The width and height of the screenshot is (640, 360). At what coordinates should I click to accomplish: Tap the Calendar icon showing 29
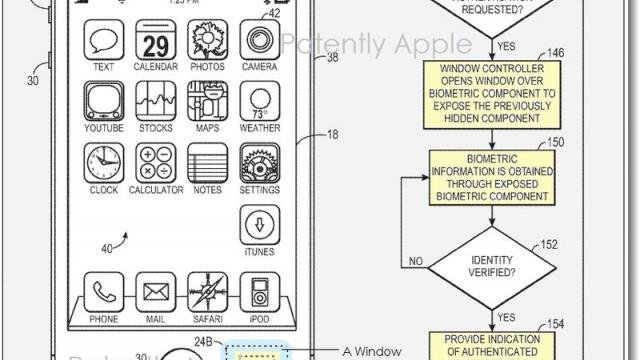pos(154,43)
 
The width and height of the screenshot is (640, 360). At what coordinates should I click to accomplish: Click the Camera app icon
pos(259,43)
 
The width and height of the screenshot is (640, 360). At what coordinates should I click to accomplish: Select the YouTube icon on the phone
pos(102,103)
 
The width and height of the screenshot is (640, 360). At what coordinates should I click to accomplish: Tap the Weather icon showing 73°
pos(259,103)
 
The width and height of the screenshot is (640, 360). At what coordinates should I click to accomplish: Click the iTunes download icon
pos(259,223)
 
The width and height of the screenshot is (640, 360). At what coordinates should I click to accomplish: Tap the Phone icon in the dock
pos(102,292)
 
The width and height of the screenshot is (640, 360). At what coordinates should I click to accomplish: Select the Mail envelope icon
pos(154,292)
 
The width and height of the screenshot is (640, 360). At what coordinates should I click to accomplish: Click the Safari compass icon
pos(207,292)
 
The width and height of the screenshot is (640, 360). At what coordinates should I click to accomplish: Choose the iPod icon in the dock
pos(259,292)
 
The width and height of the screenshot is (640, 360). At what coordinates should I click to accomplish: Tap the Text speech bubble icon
pos(102,43)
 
